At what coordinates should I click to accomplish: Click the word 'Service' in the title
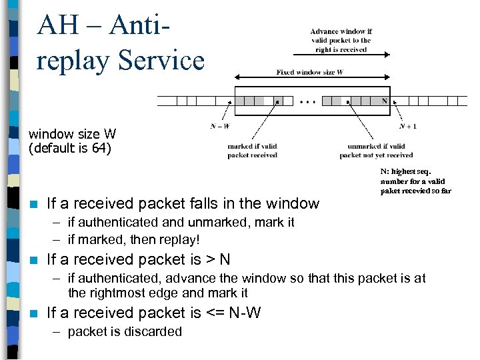(161, 60)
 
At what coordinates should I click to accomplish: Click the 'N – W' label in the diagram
(220, 125)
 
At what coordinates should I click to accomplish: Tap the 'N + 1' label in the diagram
(408, 125)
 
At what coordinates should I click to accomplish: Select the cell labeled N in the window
(384, 101)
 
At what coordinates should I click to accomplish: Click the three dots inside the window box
(308, 102)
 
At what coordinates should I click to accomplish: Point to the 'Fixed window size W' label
(310, 72)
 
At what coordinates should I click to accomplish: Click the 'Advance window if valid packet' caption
(341, 40)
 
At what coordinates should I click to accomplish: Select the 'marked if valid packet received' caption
(252, 151)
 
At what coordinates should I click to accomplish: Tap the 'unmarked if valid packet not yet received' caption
(376, 151)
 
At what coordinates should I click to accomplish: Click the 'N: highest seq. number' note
(415, 181)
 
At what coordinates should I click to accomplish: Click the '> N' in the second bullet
(217, 259)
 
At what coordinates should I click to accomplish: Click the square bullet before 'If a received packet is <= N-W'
(33, 313)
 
